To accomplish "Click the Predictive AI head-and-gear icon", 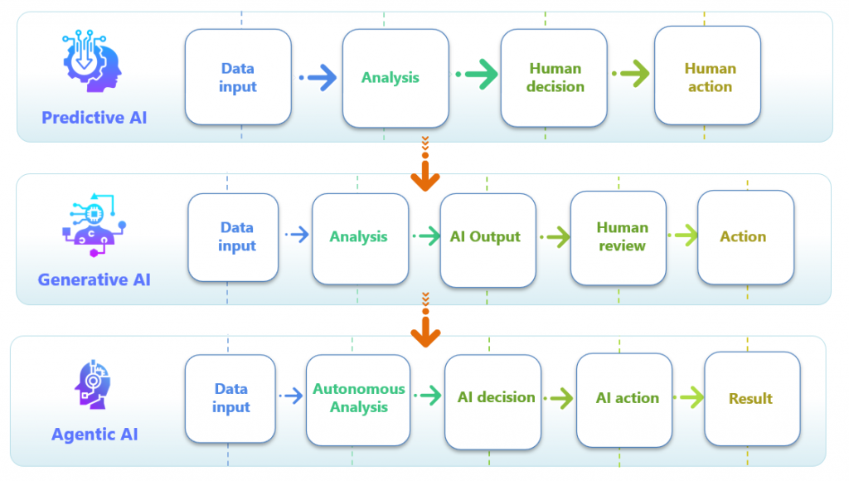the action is pyautogui.click(x=91, y=61).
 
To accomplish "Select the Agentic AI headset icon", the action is pyautogui.click(x=93, y=384).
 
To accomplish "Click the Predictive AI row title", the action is pyautogui.click(x=95, y=118).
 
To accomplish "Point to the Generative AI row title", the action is pyautogui.click(x=95, y=279).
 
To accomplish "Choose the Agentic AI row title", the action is pyautogui.click(x=95, y=434).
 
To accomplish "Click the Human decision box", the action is pyautogui.click(x=554, y=77).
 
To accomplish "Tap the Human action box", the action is pyautogui.click(x=708, y=75).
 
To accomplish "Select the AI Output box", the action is pyautogui.click(x=488, y=240).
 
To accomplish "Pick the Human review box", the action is pyautogui.click(x=619, y=238).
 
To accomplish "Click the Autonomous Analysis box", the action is pyautogui.click(x=358, y=400).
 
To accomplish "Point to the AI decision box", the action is pyautogui.click(x=492, y=401).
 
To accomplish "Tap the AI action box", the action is pyautogui.click(x=624, y=400).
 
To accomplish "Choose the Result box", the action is pyautogui.click(x=752, y=399).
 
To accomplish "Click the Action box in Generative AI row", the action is pyautogui.click(x=746, y=237).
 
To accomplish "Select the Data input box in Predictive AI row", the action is pyautogui.click(x=238, y=77).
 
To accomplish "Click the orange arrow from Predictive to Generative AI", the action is pyautogui.click(x=425, y=164).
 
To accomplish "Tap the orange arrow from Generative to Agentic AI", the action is pyautogui.click(x=425, y=320).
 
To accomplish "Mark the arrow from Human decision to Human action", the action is pyautogui.click(x=631, y=73).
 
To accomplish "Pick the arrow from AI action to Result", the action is pyautogui.click(x=689, y=397).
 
